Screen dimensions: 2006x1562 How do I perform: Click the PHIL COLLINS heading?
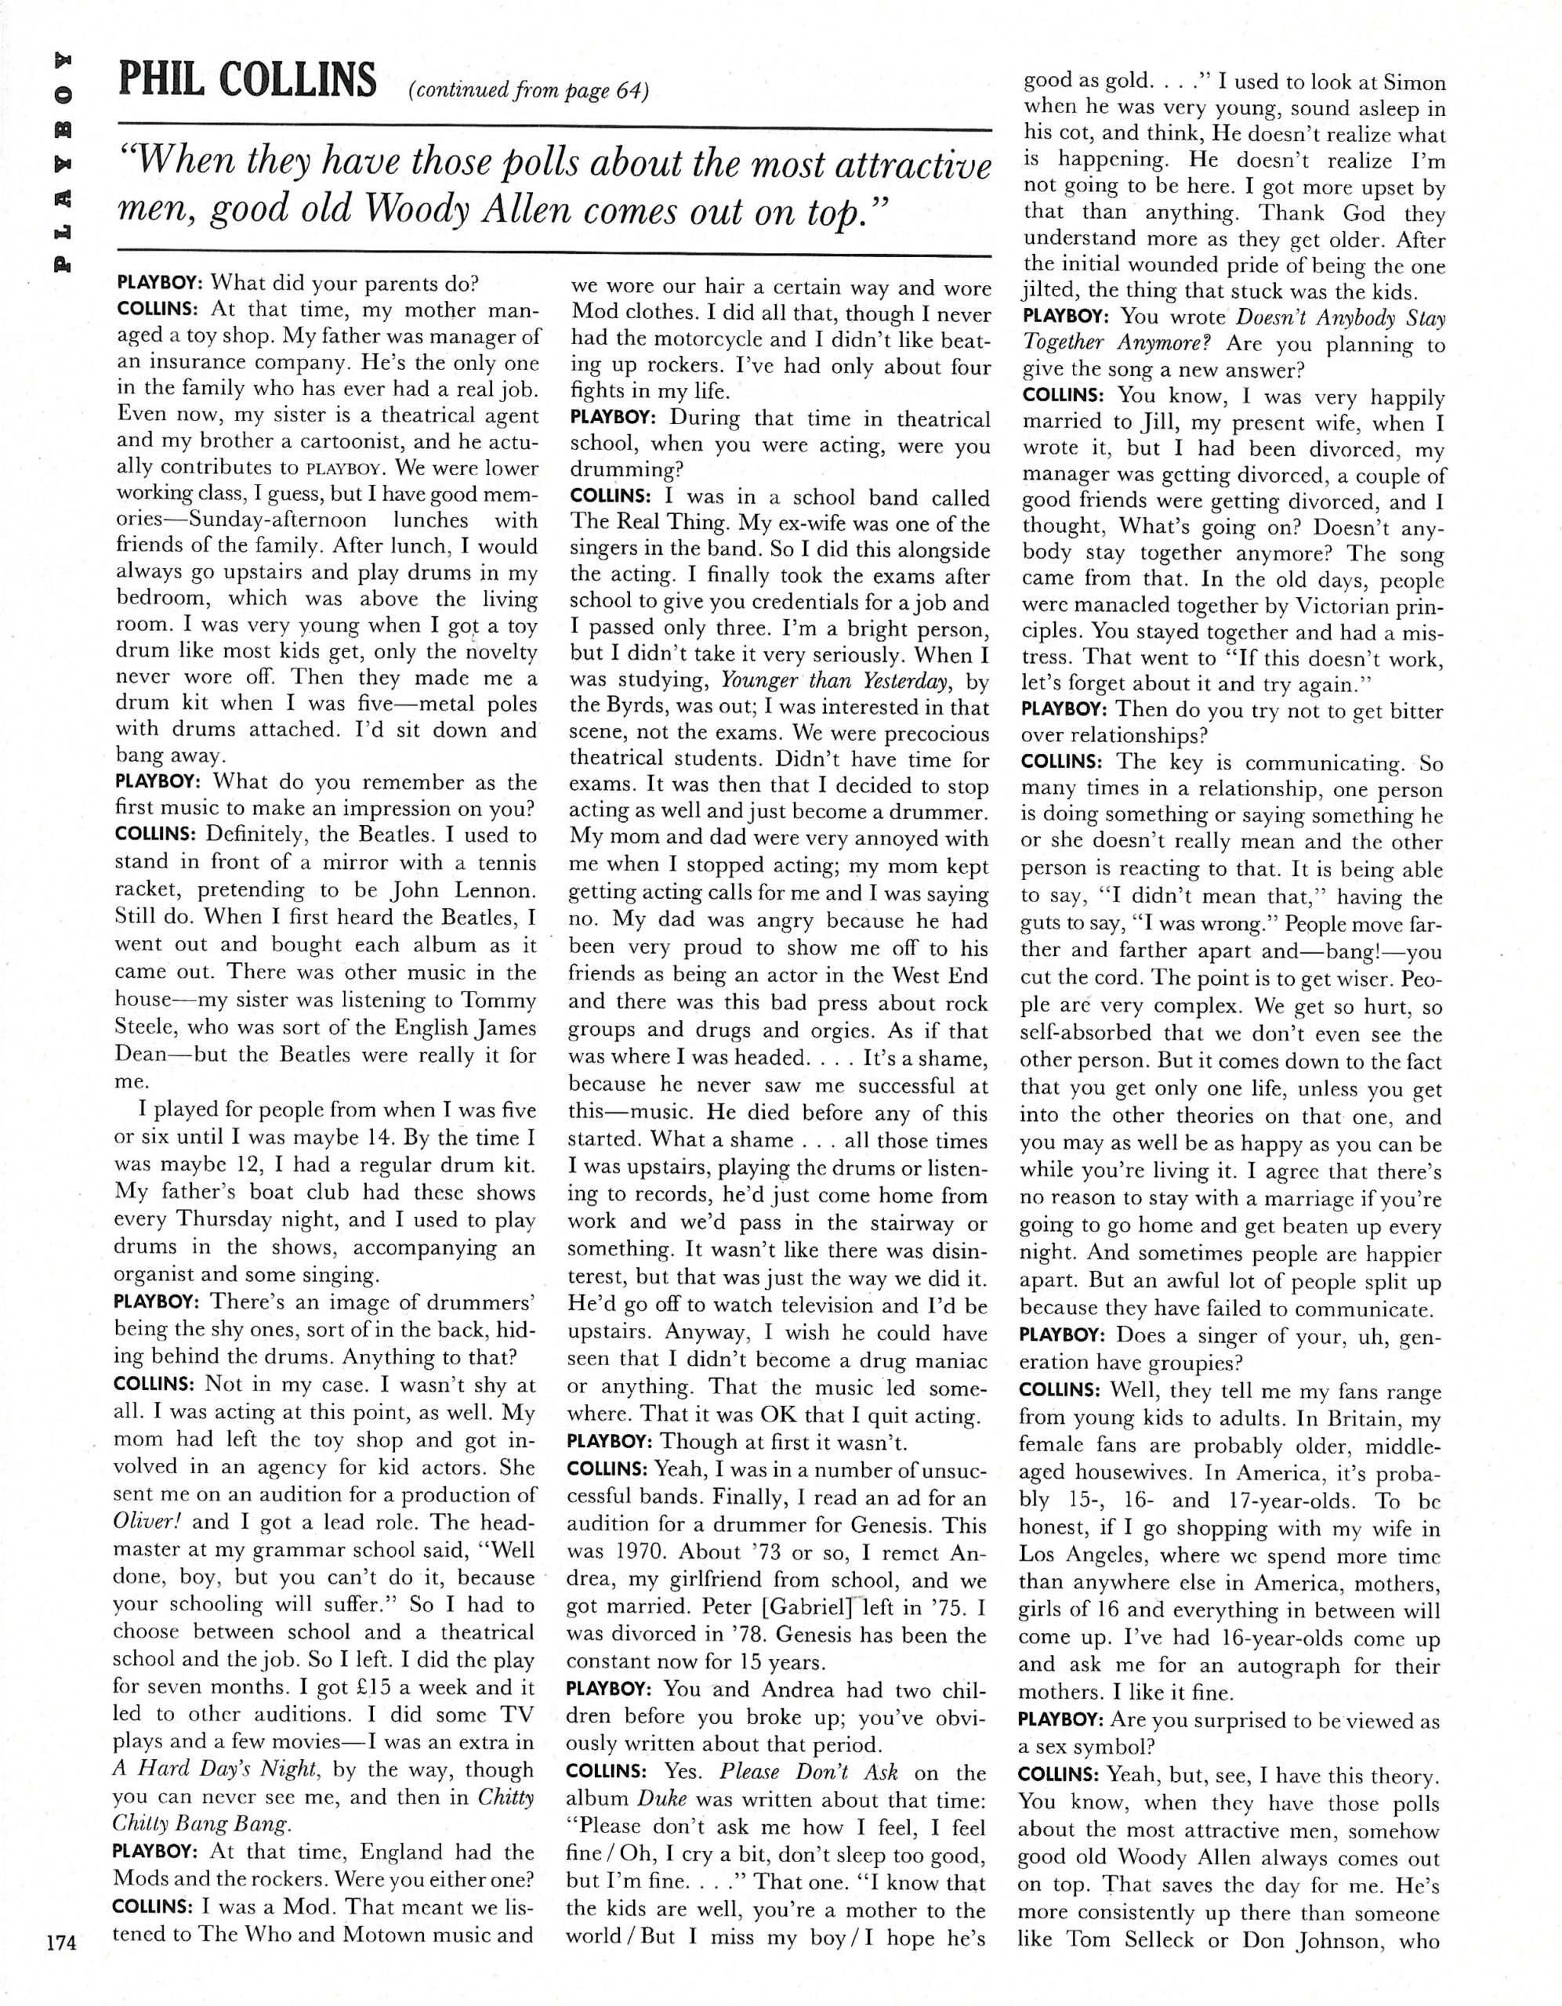[x=248, y=82]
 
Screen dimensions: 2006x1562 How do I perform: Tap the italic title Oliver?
[x=148, y=1521]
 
